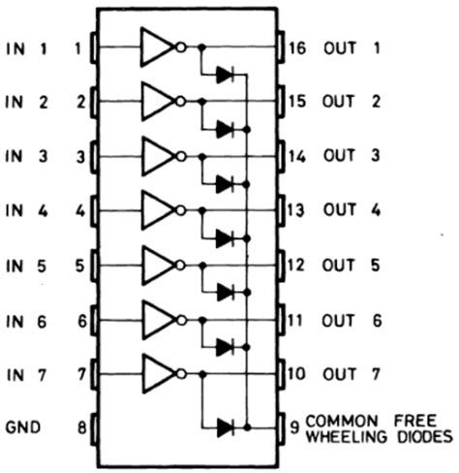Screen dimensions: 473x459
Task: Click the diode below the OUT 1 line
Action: tap(225, 73)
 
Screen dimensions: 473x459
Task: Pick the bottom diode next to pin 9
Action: tap(225, 425)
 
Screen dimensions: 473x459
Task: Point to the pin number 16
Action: tap(296, 46)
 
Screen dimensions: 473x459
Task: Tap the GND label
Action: tap(27, 426)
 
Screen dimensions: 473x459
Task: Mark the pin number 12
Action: tap(296, 263)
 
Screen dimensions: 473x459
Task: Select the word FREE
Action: tap(417, 420)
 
